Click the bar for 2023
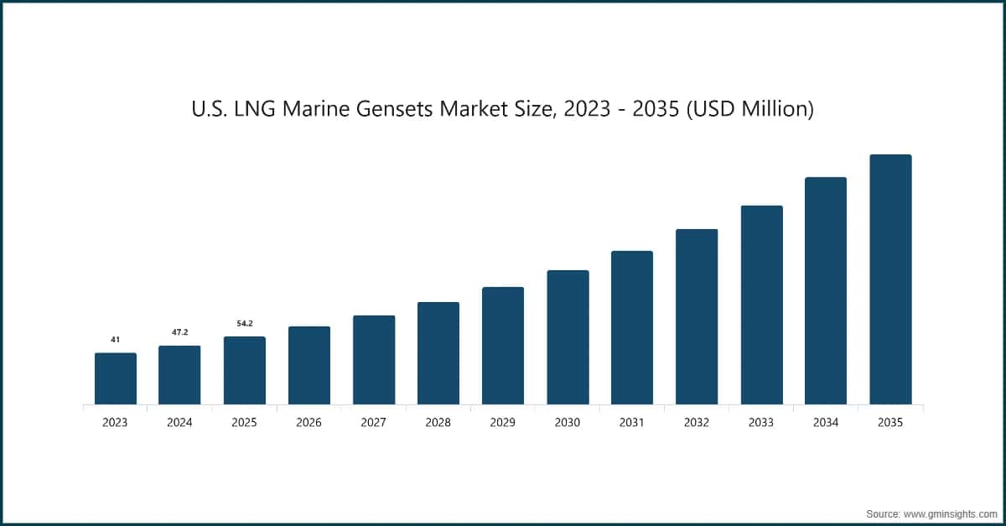115,378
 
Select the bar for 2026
309,365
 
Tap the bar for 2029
502,346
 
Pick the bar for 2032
697,316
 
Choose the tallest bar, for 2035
890,279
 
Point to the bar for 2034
826,290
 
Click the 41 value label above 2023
115,340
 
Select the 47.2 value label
179,332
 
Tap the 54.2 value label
244,323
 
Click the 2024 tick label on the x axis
179,423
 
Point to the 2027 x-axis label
373,423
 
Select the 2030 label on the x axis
567,423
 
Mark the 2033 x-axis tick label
761,423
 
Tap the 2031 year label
631,423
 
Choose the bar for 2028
438,353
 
